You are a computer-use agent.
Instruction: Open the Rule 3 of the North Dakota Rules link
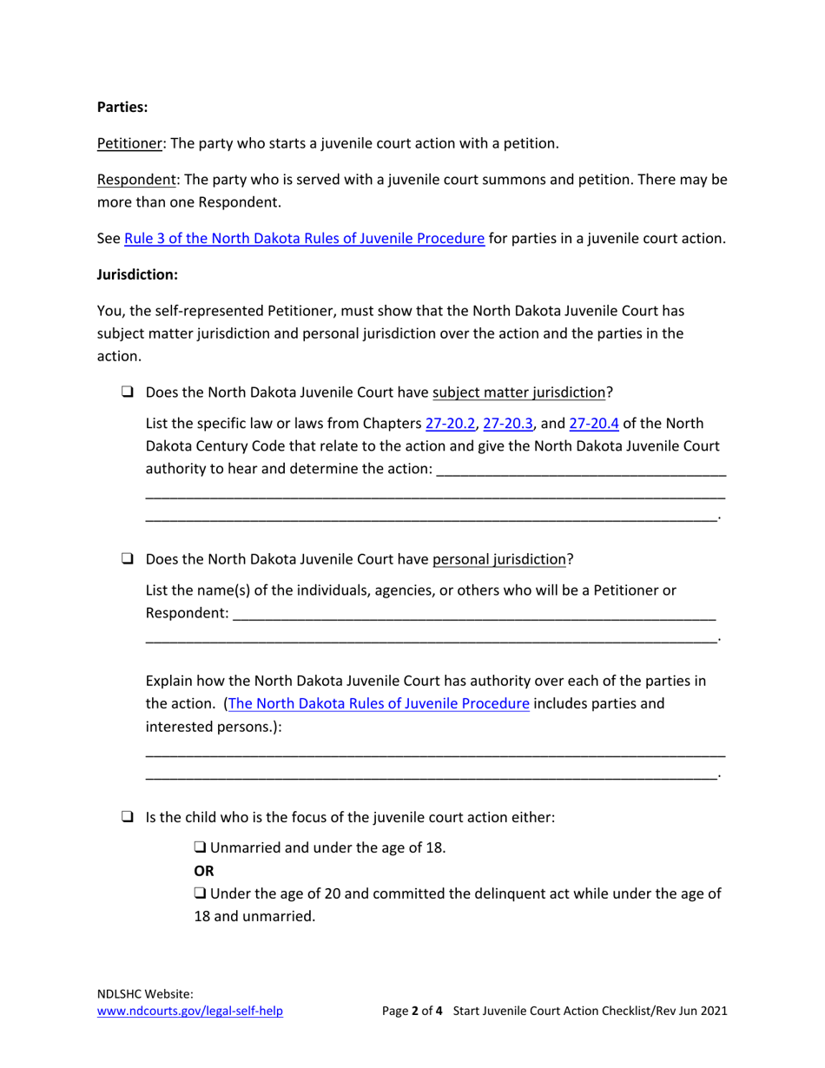pyautogui.click(x=304, y=238)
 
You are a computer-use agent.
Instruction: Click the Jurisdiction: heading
pyautogui.click(x=137, y=274)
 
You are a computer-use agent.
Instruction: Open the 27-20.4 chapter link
pyautogui.click(x=594, y=424)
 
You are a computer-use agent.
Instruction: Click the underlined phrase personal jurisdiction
pyautogui.click(x=499, y=559)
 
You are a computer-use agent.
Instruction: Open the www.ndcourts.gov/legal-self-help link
pyautogui.click(x=189, y=1011)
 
